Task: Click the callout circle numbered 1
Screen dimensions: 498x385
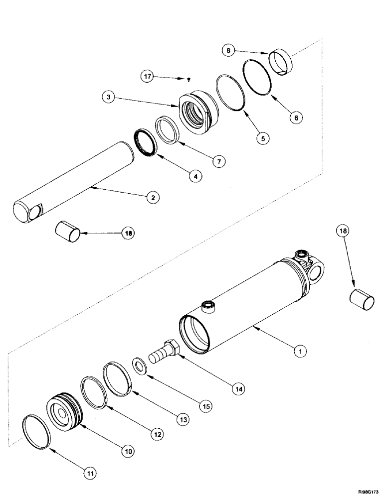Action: coord(299,352)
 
